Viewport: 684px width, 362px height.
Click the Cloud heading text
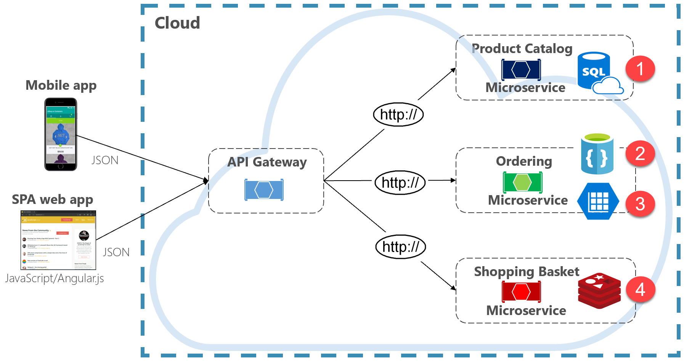[x=177, y=23]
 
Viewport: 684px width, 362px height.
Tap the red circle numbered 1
[x=640, y=69]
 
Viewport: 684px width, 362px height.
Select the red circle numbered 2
[x=640, y=154]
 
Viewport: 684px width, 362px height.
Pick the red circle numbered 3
[x=640, y=204]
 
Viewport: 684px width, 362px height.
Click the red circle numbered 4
[x=640, y=289]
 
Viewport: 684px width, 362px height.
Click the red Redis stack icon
[x=599, y=291]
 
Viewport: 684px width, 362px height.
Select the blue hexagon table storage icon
[x=598, y=201]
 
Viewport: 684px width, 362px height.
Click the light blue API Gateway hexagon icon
[x=264, y=190]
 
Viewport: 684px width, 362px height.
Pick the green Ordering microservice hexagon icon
[x=522, y=182]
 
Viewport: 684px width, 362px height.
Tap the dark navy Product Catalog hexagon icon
[x=521, y=70]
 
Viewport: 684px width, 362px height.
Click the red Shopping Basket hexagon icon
[x=521, y=292]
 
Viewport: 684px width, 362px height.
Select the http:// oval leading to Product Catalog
[x=398, y=115]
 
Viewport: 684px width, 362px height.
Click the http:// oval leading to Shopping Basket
[x=400, y=247]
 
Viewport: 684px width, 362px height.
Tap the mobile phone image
[x=61, y=134]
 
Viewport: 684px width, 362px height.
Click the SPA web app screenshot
[x=58, y=240]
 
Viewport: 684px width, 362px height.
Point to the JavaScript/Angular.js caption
[x=55, y=278]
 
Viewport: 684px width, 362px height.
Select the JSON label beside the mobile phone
[x=105, y=160]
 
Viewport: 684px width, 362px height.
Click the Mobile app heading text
[x=61, y=85]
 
